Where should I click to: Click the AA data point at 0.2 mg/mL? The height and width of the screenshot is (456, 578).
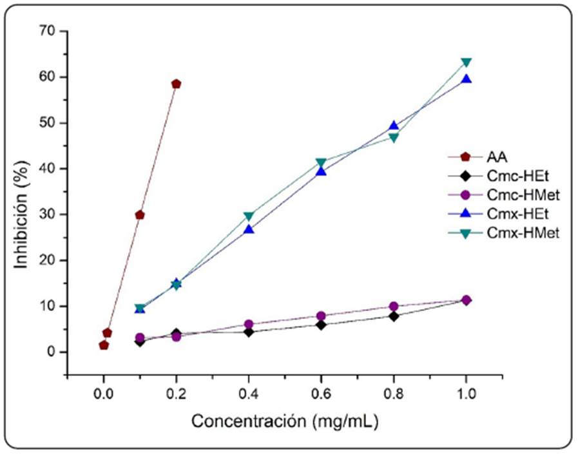pyautogui.click(x=176, y=84)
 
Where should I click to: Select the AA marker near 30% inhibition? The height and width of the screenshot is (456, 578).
pyautogui.click(x=140, y=215)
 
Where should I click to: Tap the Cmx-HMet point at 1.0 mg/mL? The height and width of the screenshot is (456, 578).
pyautogui.click(x=467, y=62)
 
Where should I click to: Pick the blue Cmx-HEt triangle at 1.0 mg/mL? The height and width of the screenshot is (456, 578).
pyautogui.click(x=467, y=79)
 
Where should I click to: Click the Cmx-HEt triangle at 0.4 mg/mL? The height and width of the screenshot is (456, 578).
pyautogui.click(x=249, y=229)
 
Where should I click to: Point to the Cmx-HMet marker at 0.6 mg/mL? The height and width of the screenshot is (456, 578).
pyautogui.click(x=321, y=162)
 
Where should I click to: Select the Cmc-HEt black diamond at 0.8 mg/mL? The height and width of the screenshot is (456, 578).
pyautogui.click(x=394, y=316)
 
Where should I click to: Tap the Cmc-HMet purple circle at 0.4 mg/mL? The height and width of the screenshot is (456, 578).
pyautogui.click(x=249, y=324)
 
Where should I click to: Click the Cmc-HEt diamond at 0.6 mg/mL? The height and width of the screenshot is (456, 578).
pyautogui.click(x=321, y=325)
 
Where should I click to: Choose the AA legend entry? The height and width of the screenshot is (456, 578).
pyautogui.click(x=485, y=157)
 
